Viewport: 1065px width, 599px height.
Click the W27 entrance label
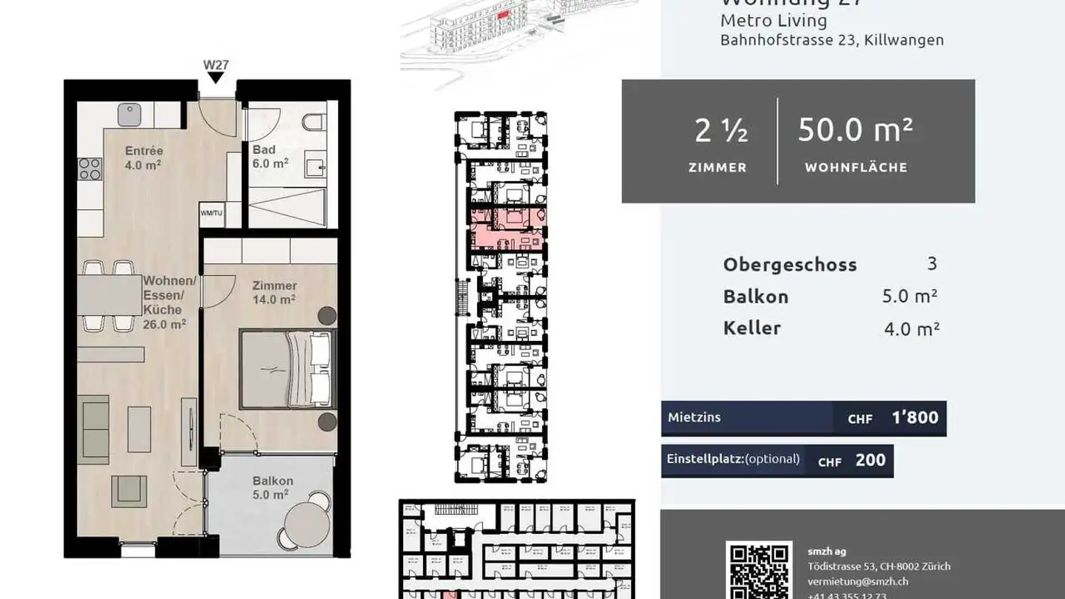click(216, 64)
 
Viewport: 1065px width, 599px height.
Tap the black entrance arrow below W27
click(216, 78)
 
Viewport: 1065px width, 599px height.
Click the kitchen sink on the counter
click(129, 115)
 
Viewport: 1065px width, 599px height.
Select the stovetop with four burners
click(89, 169)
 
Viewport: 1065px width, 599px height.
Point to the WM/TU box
click(211, 213)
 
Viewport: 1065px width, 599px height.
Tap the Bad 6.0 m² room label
click(270, 156)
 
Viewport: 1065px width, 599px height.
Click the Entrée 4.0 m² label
click(143, 158)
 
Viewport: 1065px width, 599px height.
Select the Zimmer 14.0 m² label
click(274, 292)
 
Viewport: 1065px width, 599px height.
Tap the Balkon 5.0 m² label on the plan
click(272, 487)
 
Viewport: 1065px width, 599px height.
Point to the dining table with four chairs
click(109, 295)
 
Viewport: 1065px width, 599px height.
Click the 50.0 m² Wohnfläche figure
click(855, 130)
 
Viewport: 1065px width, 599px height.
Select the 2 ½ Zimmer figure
click(720, 132)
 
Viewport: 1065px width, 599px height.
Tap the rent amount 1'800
click(915, 418)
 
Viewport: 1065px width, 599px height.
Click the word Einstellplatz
click(704, 458)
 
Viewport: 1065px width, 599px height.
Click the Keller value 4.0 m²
click(911, 328)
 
